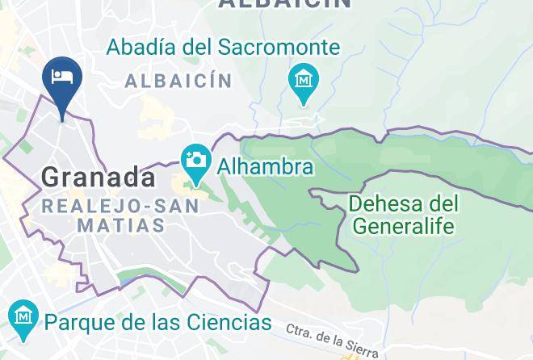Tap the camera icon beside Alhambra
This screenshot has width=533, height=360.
195,159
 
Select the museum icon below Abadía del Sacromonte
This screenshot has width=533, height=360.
304,81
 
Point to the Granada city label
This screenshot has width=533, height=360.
98,177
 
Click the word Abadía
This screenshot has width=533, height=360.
141,48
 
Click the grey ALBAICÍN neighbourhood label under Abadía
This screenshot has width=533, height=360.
178,81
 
